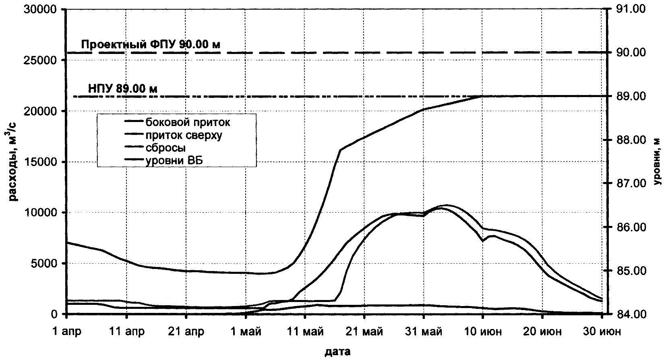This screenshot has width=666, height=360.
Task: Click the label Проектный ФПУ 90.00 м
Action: click(x=151, y=44)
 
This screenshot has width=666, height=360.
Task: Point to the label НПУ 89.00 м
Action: click(x=122, y=88)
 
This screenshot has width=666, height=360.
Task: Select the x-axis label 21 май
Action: click(x=364, y=332)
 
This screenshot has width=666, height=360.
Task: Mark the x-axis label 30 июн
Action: click(x=602, y=332)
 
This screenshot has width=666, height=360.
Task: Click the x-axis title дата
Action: click(x=337, y=352)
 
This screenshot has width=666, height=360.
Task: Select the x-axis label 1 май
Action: click(x=246, y=332)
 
